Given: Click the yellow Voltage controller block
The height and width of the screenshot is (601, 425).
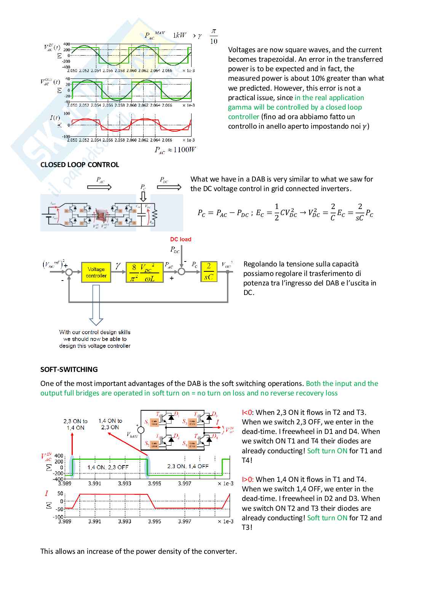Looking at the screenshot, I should (x=96, y=272).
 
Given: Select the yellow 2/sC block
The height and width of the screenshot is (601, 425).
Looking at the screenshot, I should (x=209, y=272).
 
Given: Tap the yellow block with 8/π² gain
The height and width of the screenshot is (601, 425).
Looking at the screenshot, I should (x=145, y=273).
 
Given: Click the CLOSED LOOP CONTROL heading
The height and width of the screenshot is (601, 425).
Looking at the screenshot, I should (x=80, y=164).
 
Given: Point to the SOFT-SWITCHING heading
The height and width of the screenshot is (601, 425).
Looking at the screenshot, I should (x=69, y=369).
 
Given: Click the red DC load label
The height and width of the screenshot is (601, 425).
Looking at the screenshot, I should (x=181, y=239).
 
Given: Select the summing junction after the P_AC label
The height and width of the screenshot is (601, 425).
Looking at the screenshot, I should (x=182, y=271).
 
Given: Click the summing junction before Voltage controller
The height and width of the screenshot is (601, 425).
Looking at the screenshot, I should (x=69, y=272).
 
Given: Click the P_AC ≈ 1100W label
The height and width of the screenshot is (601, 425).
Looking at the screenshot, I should (x=175, y=150).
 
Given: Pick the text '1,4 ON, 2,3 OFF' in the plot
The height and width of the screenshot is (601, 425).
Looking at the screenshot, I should (x=108, y=467).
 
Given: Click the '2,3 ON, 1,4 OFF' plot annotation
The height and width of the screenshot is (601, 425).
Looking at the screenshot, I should (x=188, y=466).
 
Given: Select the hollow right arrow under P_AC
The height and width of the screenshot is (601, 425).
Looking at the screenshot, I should (x=99, y=187).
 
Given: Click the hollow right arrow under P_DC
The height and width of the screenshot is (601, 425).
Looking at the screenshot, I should (x=169, y=187).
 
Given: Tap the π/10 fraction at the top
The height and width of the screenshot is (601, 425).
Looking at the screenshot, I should (x=213, y=37).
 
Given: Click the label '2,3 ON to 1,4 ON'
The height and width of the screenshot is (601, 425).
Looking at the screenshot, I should (x=75, y=424).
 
